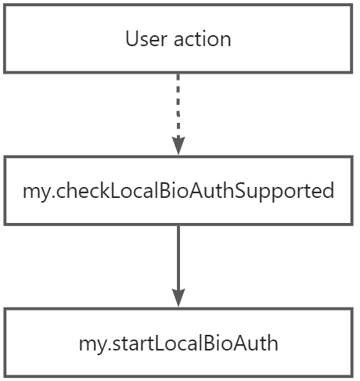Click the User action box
[x=178, y=38]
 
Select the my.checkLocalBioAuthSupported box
[x=178, y=191]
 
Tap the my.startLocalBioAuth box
[x=178, y=343]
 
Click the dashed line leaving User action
[x=178, y=102]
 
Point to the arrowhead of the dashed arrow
[x=178, y=145]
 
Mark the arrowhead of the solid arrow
[x=178, y=297]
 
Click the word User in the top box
[x=144, y=38]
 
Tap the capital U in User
[x=131, y=38]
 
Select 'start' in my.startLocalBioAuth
[x=125, y=343]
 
